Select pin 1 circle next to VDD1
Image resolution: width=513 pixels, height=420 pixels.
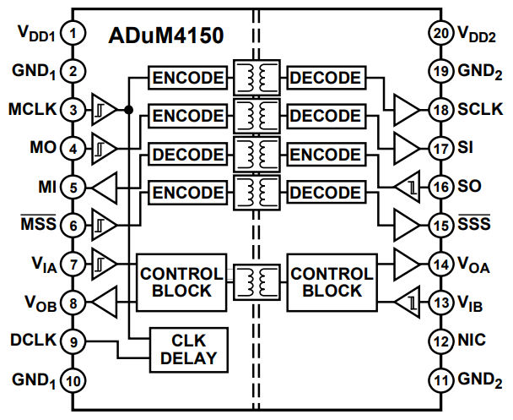(74, 34)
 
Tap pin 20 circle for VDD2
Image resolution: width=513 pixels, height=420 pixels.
(439, 34)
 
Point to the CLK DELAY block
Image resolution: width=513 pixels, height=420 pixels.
(184, 348)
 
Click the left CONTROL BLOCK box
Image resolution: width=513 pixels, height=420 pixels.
(181, 281)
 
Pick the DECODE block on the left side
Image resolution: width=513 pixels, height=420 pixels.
(188, 155)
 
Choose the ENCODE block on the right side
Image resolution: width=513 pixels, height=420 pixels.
(325, 155)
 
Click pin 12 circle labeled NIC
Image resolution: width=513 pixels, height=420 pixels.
(439, 341)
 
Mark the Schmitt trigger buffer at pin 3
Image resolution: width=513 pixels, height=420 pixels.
(104, 110)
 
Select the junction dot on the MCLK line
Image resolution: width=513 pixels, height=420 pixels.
(128, 110)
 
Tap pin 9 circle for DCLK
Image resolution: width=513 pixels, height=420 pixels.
(74, 341)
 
